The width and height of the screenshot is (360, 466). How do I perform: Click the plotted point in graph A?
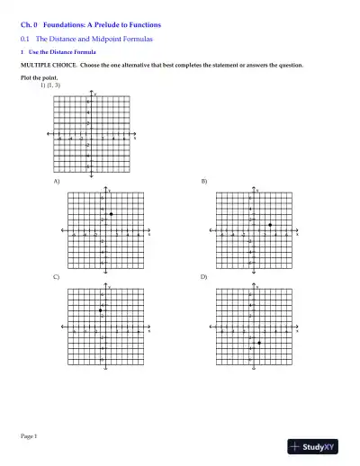(109, 213)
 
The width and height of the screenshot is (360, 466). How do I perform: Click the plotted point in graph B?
(270, 224)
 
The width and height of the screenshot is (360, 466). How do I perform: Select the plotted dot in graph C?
(101, 311)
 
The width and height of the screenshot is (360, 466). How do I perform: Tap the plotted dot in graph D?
(259, 343)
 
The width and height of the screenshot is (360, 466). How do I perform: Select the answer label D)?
(204, 277)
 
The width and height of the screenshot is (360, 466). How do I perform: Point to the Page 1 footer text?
(29, 435)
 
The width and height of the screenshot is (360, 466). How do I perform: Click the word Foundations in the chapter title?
(64, 26)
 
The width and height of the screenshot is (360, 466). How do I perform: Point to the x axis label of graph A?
(150, 233)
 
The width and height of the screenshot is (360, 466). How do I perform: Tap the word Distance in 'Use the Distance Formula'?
(57, 53)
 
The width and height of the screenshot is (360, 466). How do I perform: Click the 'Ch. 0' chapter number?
(30, 26)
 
